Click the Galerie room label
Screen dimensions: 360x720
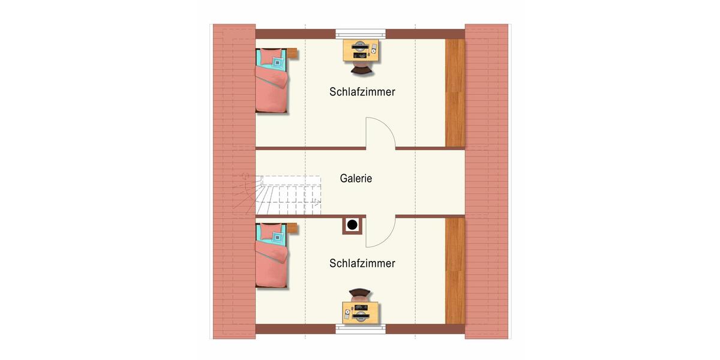356,178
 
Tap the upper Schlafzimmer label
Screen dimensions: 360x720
362,92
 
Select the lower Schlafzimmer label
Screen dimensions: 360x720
362,263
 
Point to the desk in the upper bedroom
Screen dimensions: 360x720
361,50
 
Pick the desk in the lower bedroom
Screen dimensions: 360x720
361,312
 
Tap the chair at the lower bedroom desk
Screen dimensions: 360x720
361,295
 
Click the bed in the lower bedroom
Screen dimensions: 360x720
271,255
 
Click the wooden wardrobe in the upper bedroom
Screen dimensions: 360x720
455,92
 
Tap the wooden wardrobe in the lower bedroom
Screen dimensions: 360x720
455,270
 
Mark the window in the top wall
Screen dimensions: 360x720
361,34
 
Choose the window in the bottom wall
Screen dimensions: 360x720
361,328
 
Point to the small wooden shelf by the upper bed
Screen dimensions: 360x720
293,53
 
